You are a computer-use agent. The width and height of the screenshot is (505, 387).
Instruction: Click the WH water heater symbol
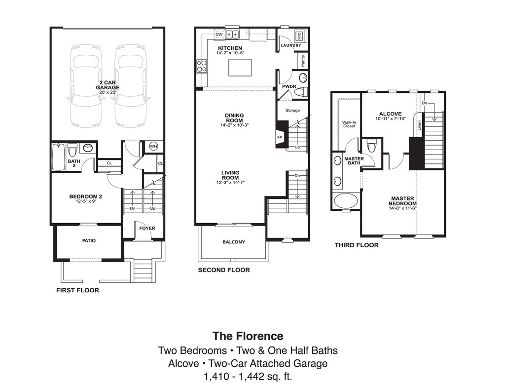pos(153,147)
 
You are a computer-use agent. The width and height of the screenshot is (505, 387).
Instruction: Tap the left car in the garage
pos(85,86)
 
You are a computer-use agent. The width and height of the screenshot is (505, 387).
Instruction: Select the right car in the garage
pos(131,86)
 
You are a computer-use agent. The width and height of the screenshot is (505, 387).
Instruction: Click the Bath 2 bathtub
pos(59,157)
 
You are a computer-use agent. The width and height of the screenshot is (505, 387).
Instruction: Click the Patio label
pos(89,241)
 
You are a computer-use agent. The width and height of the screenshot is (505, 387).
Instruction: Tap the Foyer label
pos(147,228)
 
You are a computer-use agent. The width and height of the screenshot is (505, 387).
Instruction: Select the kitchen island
pos(240,68)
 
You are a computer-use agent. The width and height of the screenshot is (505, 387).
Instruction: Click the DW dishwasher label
pos(219,34)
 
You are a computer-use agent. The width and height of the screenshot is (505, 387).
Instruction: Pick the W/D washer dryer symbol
pos(298,36)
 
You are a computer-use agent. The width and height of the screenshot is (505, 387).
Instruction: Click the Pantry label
pos(302,61)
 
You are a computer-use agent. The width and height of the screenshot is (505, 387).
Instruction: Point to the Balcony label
pos(234,242)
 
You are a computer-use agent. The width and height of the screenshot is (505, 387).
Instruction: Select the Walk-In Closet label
pos(349,123)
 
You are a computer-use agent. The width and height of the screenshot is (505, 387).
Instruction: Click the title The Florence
pos(248,336)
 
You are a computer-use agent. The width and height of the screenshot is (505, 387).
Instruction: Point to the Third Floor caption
pos(357,245)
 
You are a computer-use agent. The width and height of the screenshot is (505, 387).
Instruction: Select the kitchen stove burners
pos(201,66)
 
